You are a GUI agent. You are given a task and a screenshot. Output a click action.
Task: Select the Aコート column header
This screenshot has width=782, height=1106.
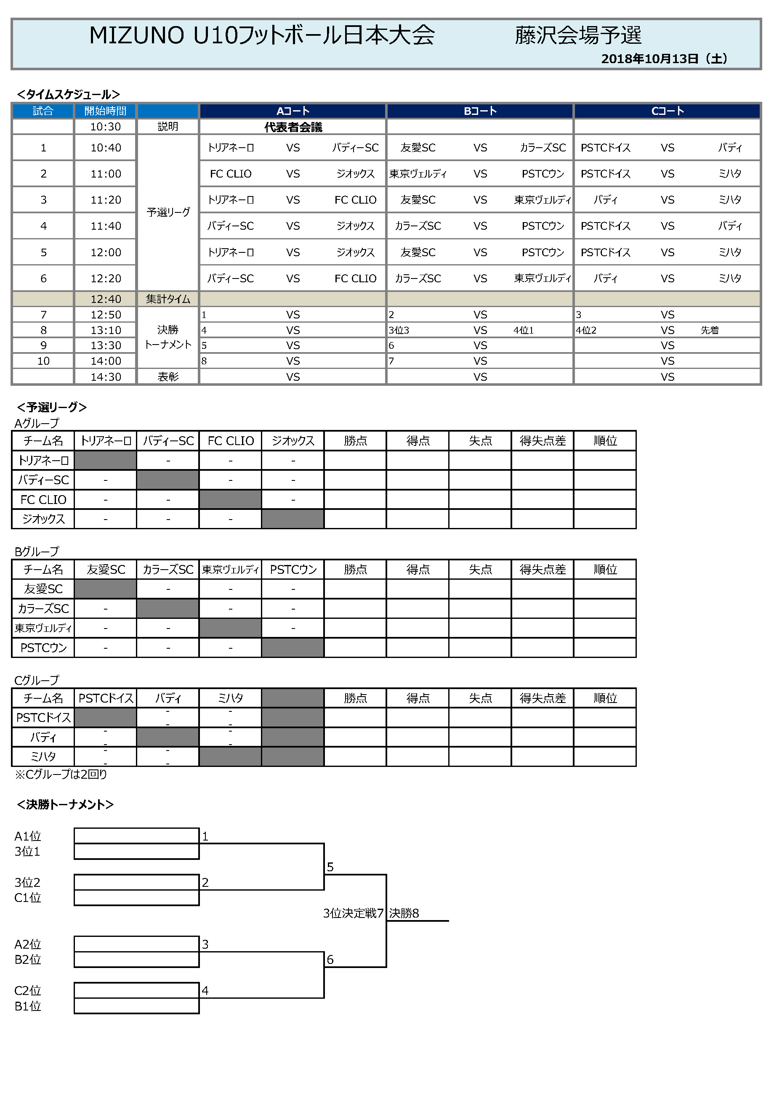[293, 111]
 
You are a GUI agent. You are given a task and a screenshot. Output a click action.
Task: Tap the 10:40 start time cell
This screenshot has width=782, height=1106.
[106, 148]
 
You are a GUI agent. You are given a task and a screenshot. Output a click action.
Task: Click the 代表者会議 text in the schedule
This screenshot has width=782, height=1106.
[293, 127]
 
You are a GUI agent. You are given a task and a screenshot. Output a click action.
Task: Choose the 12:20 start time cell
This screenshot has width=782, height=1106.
[106, 278]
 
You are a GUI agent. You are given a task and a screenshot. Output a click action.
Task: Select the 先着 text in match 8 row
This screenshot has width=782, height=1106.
[709, 330]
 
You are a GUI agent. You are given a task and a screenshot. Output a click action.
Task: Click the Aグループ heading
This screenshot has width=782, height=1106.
[37, 423]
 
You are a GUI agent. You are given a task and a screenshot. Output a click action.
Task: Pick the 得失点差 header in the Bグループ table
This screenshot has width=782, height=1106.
[542, 569]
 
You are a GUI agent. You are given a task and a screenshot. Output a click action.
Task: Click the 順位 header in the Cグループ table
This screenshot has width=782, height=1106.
[605, 698]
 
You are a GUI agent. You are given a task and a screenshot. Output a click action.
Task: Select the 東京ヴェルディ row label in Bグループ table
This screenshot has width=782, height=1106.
[43, 628]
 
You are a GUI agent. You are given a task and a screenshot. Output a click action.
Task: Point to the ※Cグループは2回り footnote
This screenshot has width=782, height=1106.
[61, 774]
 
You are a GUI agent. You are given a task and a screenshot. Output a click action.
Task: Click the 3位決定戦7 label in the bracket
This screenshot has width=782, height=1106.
[353, 913]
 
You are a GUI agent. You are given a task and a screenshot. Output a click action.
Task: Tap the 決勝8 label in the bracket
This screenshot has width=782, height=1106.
[404, 913]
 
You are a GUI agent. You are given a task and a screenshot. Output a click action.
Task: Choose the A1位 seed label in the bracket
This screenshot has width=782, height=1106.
[27, 836]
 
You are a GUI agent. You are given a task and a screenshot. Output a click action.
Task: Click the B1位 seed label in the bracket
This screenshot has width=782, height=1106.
[27, 1006]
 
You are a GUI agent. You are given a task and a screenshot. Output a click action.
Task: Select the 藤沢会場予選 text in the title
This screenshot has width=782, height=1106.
[578, 35]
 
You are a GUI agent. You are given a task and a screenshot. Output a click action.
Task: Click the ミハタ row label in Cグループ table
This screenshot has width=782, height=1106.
[43, 757]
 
